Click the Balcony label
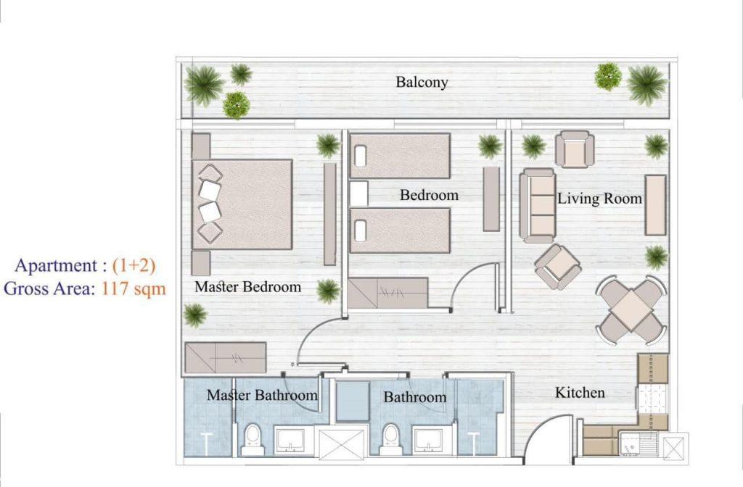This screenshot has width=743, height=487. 422,83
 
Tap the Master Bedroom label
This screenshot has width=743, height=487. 248,287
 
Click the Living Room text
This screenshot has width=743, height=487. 599,199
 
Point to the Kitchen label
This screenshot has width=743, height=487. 580,393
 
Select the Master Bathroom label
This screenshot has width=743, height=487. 262,395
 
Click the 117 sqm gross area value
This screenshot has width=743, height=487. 134,288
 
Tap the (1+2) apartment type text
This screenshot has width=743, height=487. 134,265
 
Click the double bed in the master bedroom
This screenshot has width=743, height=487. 242,204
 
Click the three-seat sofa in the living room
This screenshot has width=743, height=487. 538,206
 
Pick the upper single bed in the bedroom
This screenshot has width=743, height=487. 400,157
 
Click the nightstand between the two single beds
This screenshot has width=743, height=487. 358,193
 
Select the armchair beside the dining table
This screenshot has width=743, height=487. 558,267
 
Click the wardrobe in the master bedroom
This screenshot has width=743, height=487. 225,358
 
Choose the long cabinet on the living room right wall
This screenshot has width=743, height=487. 656,205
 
